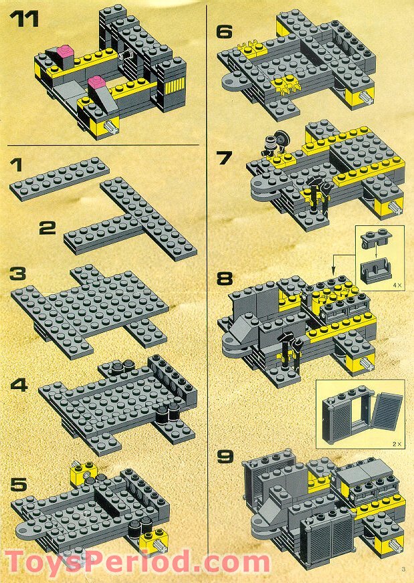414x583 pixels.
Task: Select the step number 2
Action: pyautogui.click(x=47, y=229)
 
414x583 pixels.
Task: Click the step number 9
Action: pyautogui.click(x=226, y=459)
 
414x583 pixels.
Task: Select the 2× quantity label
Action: pyautogui.click(x=395, y=443)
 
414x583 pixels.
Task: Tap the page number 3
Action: pyautogui.click(x=403, y=569)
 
